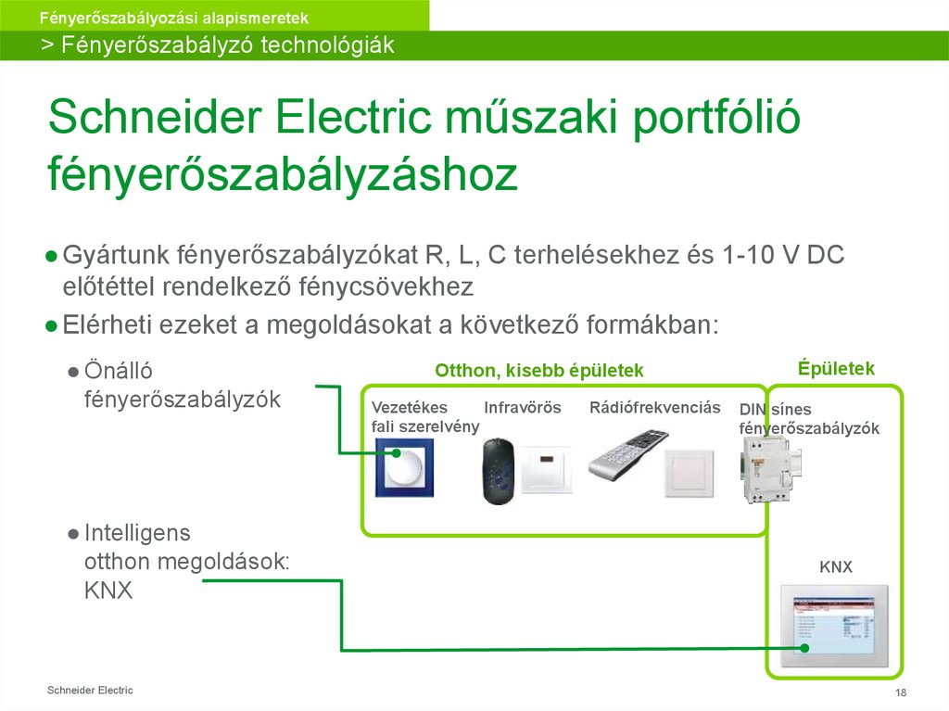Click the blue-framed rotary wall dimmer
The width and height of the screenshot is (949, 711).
tap(403, 468)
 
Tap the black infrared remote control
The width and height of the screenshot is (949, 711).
tap(498, 471)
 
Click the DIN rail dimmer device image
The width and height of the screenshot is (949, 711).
tap(766, 469)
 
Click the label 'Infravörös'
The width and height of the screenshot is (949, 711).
tap(523, 407)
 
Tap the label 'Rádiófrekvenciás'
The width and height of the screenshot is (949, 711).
tap(654, 407)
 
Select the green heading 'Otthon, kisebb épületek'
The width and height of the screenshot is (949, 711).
tap(539, 371)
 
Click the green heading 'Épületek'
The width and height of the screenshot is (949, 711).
tap(836, 368)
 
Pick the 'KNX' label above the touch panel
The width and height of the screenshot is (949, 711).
tap(835, 566)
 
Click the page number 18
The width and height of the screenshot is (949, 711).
tap(900, 694)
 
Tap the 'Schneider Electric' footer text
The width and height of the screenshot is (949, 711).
tap(90, 691)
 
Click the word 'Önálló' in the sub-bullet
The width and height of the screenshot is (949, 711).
tap(118, 371)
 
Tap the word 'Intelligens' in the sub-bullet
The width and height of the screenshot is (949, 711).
tap(137, 533)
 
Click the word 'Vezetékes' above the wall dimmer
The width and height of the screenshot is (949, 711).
tap(409, 407)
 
